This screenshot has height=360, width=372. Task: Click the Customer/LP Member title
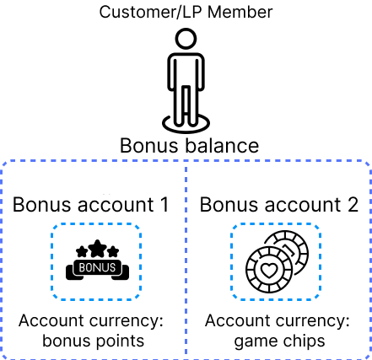pos(186,13)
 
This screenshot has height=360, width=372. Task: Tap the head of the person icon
pos(186,39)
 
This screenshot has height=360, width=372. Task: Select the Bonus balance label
pos(189,145)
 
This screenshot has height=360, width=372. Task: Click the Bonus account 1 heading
pos(90,204)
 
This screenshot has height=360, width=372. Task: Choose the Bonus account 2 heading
pos(279,204)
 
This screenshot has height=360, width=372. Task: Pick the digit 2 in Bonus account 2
pos(353,204)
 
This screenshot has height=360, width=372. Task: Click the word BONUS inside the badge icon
pos(97,267)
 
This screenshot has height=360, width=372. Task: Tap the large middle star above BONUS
pos(97,249)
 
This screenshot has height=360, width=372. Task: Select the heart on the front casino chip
pos(269,270)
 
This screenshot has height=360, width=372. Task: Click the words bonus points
pos(93,341)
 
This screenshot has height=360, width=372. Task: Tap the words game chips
pos(279,341)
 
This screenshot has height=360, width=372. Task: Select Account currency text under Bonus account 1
pos(91,320)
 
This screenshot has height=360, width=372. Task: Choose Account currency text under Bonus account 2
pos(278,320)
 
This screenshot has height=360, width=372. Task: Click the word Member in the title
pos(240,13)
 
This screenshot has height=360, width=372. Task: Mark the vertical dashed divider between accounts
pos(186,260)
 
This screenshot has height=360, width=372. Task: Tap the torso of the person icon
pos(186,72)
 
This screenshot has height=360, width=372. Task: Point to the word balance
pos(222,145)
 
